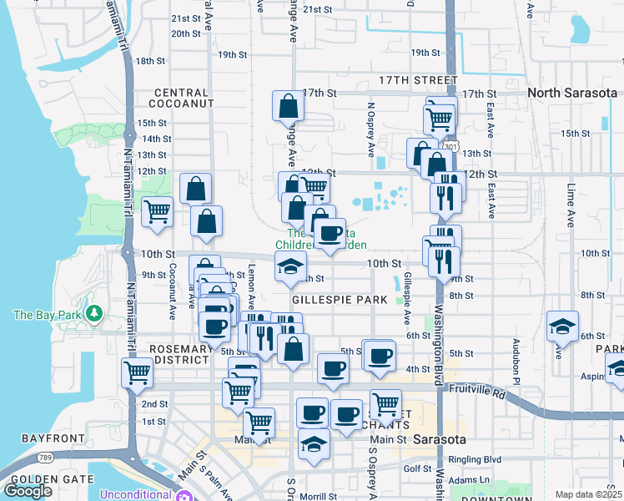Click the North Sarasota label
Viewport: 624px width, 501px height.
tap(571, 93)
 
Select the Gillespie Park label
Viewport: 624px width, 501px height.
tap(339, 299)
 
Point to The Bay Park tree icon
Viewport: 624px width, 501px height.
tap(94, 314)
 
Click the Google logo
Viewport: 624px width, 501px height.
tap(28, 491)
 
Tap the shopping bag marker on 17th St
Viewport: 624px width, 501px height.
tap(287, 107)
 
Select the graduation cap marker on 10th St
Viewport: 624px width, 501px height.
tap(290, 267)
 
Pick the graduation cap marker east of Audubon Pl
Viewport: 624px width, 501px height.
tap(562, 326)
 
